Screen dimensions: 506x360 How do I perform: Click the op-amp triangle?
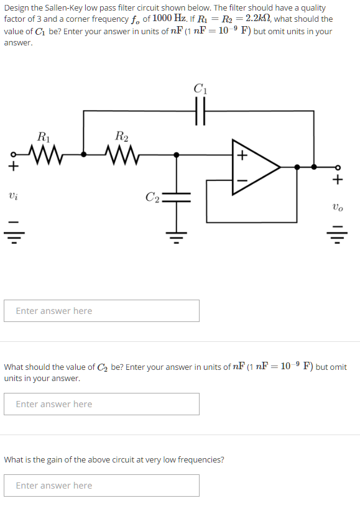(x=254, y=167)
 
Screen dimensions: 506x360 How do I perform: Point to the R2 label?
(x=122, y=137)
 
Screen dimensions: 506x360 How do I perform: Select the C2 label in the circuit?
(x=153, y=198)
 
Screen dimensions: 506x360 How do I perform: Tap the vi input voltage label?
(x=13, y=196)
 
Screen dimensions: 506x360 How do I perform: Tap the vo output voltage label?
(x=337, y=206)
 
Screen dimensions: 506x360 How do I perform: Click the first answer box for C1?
(x=101, y=311)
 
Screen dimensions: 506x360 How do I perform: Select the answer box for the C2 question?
(x=101, y=404)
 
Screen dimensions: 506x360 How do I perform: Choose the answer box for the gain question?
(x=101, y=485)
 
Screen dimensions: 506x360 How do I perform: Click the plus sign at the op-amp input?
(x=242, y=155)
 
